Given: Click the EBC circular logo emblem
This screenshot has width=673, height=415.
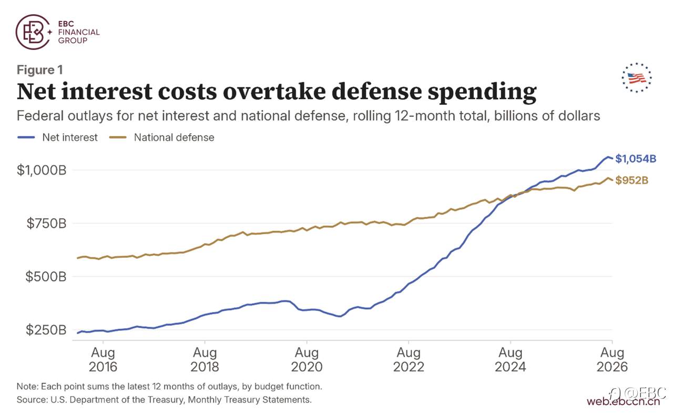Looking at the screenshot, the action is pyautogui.click(x=33, y=32).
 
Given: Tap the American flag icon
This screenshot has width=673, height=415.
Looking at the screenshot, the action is pyautogui.click(x=637, y=78).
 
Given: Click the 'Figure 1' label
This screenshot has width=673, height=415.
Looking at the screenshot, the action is pyautogui.click(x=39, y=70).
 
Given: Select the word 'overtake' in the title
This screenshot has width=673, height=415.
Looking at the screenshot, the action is pyautogui.click(x=274, y=92).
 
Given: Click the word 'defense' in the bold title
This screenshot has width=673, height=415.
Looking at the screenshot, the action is pyautogui.click(x=377, y=92).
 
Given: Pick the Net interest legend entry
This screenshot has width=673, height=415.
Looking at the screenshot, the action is pyautogui.click(x=57, y=137).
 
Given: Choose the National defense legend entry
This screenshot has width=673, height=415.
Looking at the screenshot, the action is pyautogui.click(x=161, y=137).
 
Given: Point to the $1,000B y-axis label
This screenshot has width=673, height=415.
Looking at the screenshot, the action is pyautogui.click(x=42, y=170).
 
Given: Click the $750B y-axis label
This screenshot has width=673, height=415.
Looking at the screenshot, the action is pyautogui.click(x=46, y=223).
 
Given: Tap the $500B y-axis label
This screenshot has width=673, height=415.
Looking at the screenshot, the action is pyautogui.click(x=46, y=277).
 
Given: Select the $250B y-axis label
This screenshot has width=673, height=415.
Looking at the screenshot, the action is pyautogui.click(x=46, y=330).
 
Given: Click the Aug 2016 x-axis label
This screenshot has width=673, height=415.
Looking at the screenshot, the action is pyautogui.click(x=103, y=359).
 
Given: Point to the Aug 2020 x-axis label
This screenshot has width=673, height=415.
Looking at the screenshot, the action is pyautogui.click(x=307, y=359).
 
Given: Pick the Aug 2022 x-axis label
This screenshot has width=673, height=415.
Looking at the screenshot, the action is pyautogui.click(x=409, y=359).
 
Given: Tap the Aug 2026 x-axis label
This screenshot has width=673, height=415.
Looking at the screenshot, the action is pyautogui.click(x=612, y=359).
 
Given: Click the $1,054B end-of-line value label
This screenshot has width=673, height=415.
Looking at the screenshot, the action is pyautogui.click(x=636, y=159).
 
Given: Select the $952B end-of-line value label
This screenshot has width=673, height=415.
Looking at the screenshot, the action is pyautogui.click(x=632, y=180).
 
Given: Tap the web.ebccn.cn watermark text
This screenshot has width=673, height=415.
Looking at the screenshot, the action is pyautogui.click(x=624, y=402).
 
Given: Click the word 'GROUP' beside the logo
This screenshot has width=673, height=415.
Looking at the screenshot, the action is pyautogui.click(x=73, y=41).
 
